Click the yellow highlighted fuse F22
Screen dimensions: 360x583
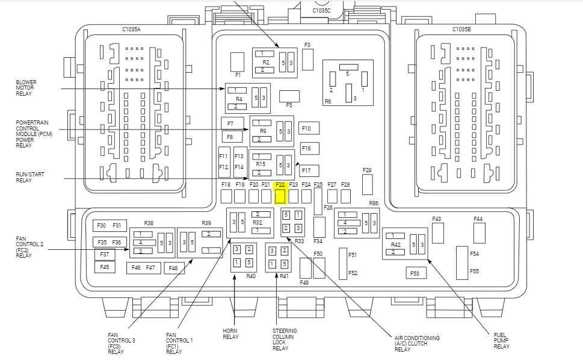pyautogui.click(x=280, y=197)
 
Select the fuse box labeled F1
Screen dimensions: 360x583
pyautogui.click(x=238, y=61)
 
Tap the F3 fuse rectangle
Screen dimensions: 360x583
pyautogui.click(x=308, y=59)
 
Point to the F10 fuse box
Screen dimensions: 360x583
pyautogui.click(x=309, y=128)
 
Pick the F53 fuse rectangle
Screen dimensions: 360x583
pyautogui.click(x=415, y=273)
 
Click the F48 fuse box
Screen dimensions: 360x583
pyautogui.click(x=173, y=268)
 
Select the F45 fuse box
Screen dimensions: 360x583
pyautogui.click(x=105, y=267)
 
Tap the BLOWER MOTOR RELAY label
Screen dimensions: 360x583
pyautogui.click(x=25, y=88)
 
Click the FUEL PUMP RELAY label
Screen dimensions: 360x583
pyautogui.click(x=501, y=340)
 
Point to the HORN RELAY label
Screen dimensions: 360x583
pyautogui.click(x=230, y=334)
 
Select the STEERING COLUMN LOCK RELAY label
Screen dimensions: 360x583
pyautogui.click(x=285, y=340)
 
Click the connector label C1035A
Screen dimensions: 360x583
pyautogui.click(x=131, y=29)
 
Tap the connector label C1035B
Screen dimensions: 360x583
pyautogui.click(x=461, y=29)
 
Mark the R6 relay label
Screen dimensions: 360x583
pyautogui.click(x=328, y=102)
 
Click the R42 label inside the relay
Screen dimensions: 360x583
pyautogui.click(x=395, y=245)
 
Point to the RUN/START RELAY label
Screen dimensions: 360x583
pyautogui.click(x=30, y=178)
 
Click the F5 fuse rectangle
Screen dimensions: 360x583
pyautogui.click(x=289, y=96)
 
